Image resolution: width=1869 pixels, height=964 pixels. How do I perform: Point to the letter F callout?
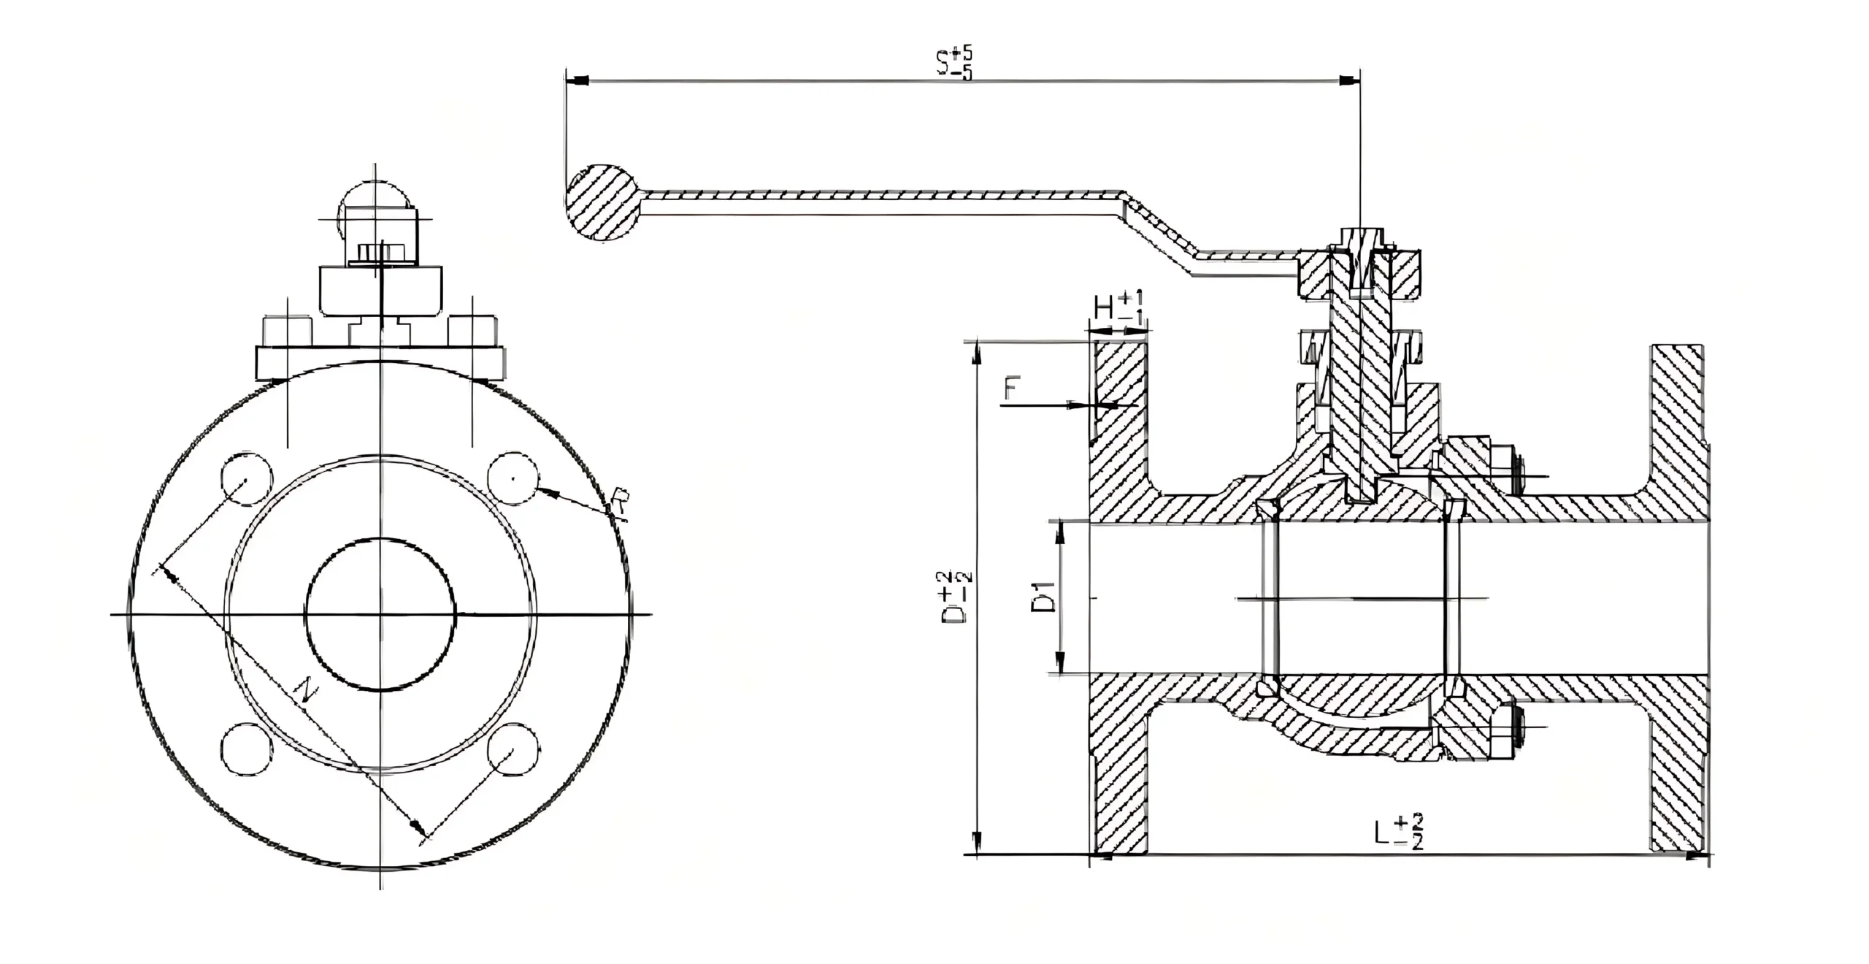(1010, 389)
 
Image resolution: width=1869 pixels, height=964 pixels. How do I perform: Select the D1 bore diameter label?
(1045, 596)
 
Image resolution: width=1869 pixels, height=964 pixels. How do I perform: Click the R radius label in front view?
(620, 504)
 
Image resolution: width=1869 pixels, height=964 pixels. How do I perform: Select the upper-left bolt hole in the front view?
(247, 478)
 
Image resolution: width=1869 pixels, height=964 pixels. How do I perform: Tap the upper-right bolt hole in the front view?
(514, 478)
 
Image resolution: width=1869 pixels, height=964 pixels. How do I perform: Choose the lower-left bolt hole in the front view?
(247, 749)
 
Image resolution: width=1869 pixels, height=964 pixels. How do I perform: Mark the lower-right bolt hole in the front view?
(514, 749)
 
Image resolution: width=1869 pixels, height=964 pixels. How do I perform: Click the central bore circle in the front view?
(380, 614)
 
